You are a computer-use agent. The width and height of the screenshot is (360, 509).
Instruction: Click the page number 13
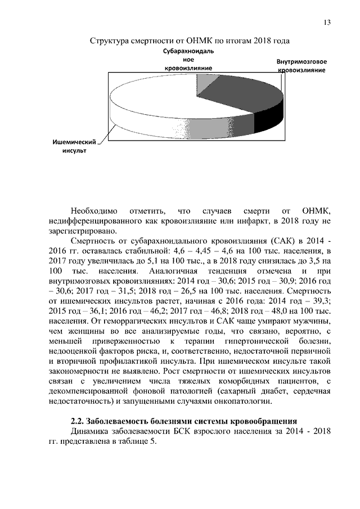[326, 22]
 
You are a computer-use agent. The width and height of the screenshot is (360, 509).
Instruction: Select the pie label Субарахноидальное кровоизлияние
[188, 59]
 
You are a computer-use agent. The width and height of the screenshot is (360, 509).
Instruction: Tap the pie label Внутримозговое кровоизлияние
[302, 65]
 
